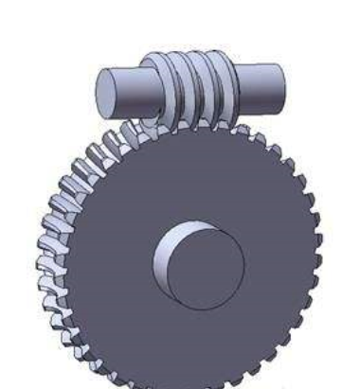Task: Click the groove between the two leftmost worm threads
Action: coord(166,90)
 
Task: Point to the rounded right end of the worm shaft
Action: coord(279,83)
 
